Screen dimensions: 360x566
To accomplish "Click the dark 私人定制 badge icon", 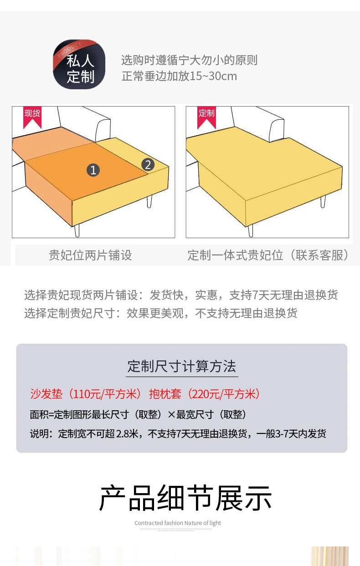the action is click(79, 65).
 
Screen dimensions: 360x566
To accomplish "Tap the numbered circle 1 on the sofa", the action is click(93, 170).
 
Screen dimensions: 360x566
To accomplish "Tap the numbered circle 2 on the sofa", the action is click(148, 165).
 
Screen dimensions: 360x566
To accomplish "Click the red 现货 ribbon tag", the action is click(32, 117).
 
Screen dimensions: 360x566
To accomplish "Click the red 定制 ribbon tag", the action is click(206, 117).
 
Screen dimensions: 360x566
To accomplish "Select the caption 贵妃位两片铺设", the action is click(90, 255).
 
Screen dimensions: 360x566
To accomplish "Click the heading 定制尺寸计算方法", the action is click(182, 366).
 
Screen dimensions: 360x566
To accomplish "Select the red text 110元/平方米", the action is click(105, 394).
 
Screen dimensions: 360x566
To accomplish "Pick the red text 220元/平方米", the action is click(224, 394).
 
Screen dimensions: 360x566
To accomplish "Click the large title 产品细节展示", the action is click(185, 498).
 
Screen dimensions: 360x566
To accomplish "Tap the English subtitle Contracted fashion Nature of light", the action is click(178, 523).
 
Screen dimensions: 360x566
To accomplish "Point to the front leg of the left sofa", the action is click(77, 230).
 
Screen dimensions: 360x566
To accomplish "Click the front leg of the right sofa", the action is click(251, 231).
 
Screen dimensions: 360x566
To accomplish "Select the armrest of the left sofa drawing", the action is click(103, 129).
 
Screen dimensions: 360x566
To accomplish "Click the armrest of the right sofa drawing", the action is click(277, 129).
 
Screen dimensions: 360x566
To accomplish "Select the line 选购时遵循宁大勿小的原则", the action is click(190, 60).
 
